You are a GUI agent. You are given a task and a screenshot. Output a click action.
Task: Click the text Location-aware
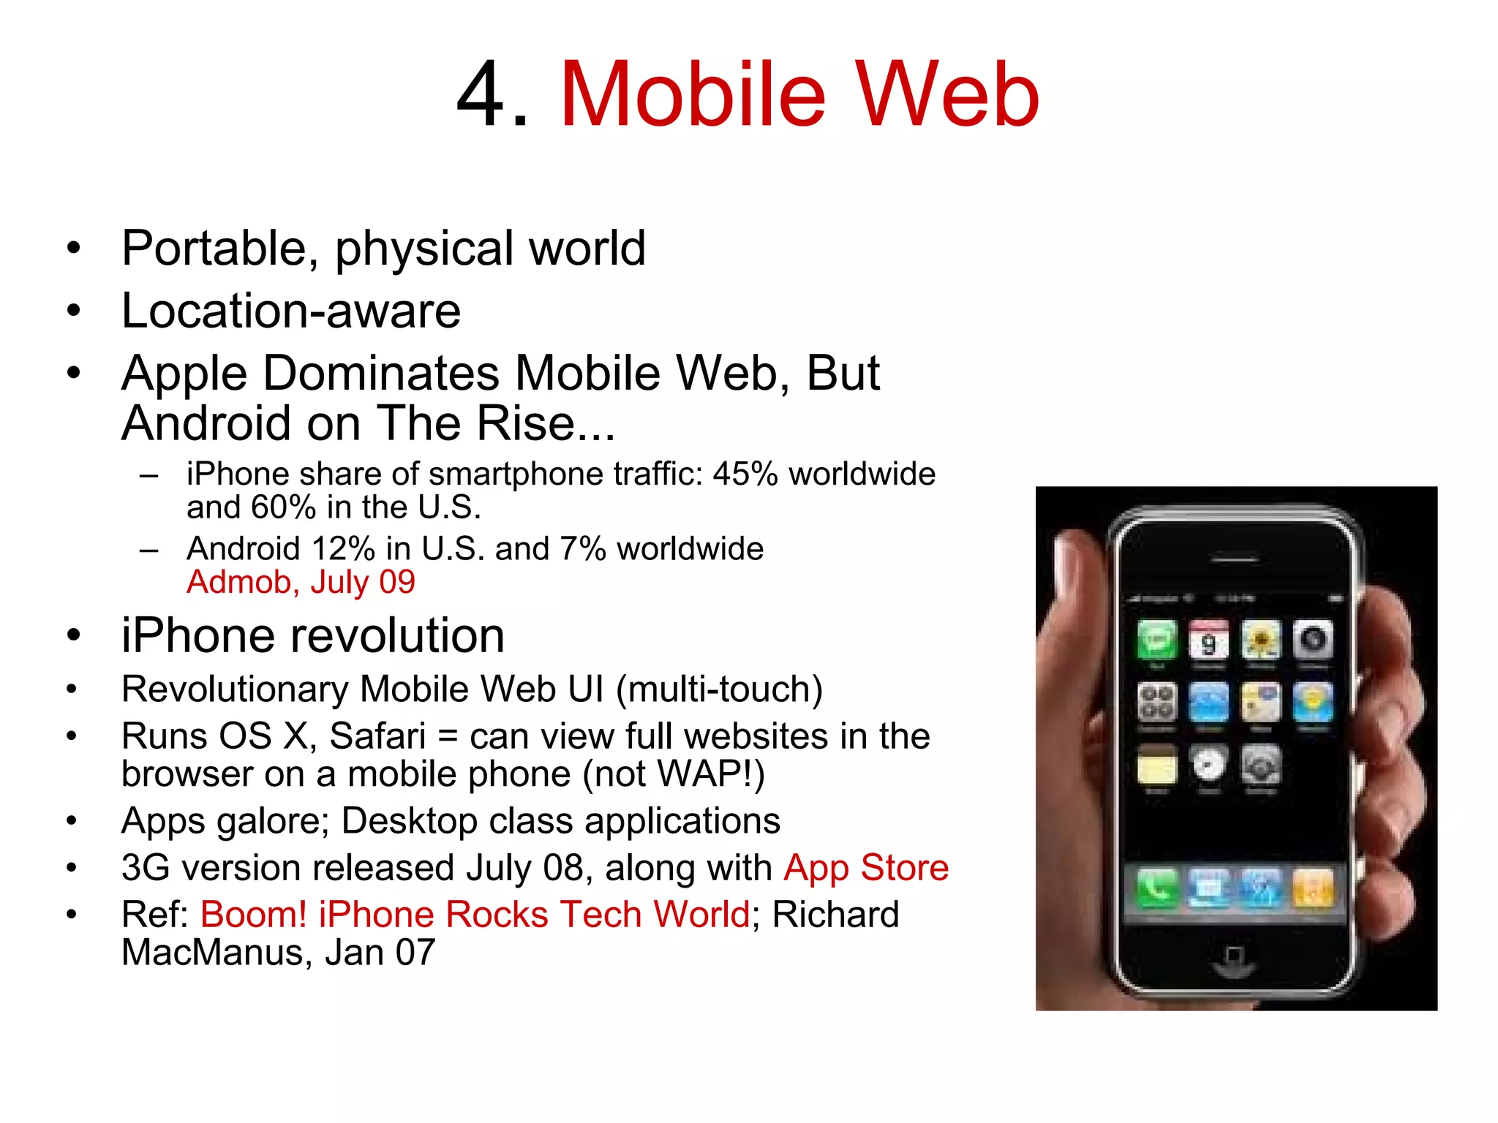(291, 311)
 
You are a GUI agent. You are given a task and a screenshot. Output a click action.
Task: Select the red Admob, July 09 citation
(301, 582)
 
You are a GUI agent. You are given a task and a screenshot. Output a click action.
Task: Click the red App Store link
(866, 868)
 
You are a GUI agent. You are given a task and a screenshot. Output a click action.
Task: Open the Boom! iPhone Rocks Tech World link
(475, 915)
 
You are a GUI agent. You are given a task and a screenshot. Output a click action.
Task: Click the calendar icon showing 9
(1208, 640)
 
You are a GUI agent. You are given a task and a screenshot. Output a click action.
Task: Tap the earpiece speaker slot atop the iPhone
(1235, 560)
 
